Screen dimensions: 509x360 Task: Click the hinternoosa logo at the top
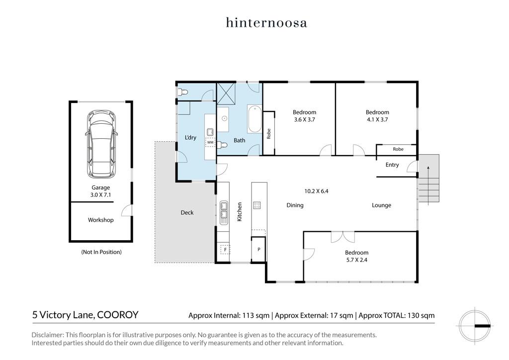(x=266, y=23)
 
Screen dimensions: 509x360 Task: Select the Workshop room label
(x=100, y=220)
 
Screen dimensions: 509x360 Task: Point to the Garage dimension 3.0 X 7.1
(x=100, y=195)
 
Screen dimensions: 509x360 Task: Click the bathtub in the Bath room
(x=255, y=118)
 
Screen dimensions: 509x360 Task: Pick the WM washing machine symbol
(x=210, y=142)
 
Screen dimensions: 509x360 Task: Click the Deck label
(x=187, y=213)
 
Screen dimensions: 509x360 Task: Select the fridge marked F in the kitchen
(x=224, y=250)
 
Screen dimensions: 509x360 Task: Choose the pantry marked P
(x=258, y=249)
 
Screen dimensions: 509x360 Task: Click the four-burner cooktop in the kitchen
(x=257, y=205)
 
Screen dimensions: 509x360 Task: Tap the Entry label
(x=392, y=165)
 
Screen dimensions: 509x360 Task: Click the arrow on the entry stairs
(x=428, y=185)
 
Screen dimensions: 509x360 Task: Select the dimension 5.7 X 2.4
(x=357, y=260)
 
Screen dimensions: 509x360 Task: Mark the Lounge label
(x=381, y=205)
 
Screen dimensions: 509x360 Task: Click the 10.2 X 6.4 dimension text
(x=316, y=191)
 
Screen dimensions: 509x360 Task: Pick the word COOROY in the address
(x=118, y=315)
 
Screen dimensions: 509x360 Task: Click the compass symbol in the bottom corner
(x=475, y=325)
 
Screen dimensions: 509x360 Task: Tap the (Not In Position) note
(x=101, y=252)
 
